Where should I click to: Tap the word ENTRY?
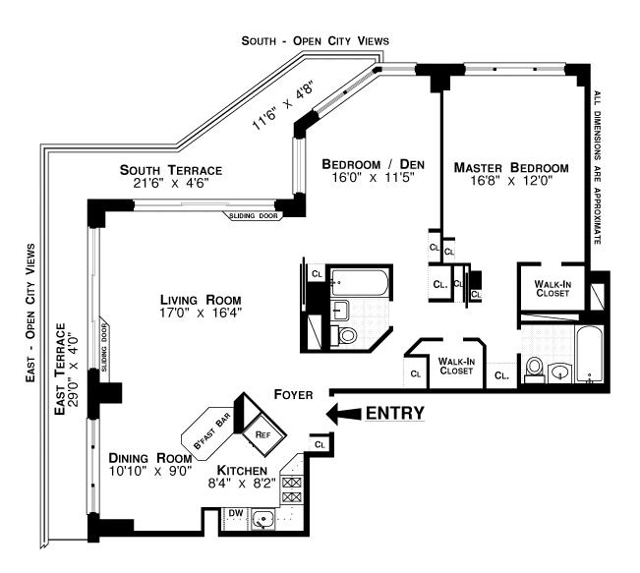(x=395, y=413)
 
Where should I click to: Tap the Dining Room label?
(x=146, y=464)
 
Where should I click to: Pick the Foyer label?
(x=294, y=395)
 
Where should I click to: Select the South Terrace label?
(x=165, y=176)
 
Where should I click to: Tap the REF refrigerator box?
(x=262, y=432)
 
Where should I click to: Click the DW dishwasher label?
(x=234, y=512)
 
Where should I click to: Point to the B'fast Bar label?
(x=211, y=432)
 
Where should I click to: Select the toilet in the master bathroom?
(x=535, y=368)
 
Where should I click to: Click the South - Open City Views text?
(x=316, y=40)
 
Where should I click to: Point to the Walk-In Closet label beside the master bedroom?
(x=552, y=287)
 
